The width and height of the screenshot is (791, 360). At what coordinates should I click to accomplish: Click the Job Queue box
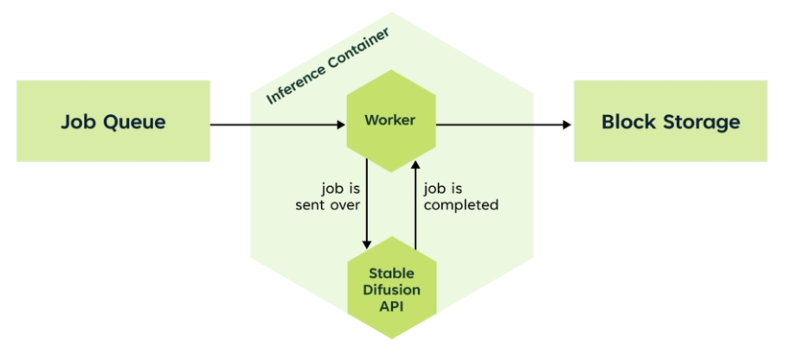click(x=113, y=121)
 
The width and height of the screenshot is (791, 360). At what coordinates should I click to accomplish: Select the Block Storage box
click(x=671, y=121)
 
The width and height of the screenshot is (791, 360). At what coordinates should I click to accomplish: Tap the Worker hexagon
click(x=389, y=121)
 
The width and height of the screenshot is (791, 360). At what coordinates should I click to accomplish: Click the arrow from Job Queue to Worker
click(x=277, y=125)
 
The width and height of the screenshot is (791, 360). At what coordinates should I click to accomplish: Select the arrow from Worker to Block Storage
click(x=502, y=125)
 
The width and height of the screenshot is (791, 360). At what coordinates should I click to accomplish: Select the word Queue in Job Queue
click(x=136, y=122)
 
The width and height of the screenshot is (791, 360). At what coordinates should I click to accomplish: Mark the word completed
click(x=461, y=205)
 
